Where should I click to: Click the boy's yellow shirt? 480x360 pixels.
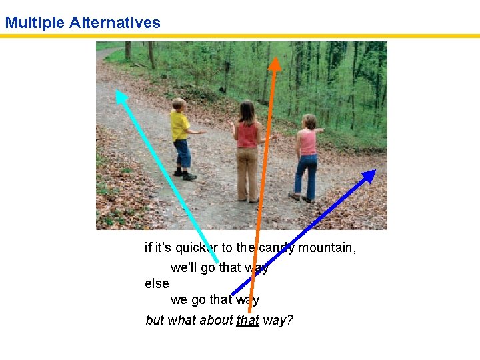(x=179, y=125)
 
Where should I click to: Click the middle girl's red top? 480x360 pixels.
(x=247, y=135)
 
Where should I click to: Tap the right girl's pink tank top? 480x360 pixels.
(x=307, y=143)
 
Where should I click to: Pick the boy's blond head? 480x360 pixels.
(x=179, y=105)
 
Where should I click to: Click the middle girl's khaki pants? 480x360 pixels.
(x=247, y=172)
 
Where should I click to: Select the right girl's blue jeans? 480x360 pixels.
(x=306, y=175)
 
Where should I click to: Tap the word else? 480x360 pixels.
(x=157, y=283)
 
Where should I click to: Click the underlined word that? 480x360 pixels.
(x=247, y=320)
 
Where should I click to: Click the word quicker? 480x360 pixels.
(x=197, y=248)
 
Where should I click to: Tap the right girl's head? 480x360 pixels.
(x=309, y=122)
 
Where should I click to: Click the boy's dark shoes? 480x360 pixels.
(x=185, y=175)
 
